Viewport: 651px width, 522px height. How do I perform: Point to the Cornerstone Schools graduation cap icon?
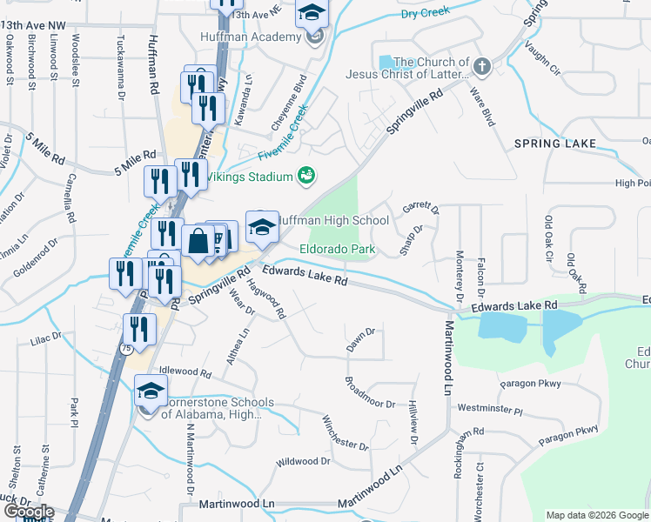coord(151,392)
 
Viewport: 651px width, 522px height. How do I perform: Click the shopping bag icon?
coord(198,241)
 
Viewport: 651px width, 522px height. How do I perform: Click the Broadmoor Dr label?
coord(370,393)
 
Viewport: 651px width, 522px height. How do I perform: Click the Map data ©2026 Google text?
coord(596,515)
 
